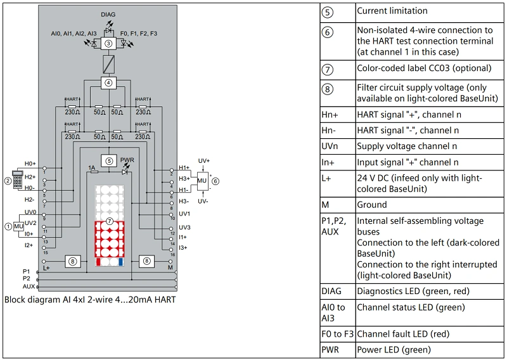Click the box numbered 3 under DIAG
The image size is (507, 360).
pos(108,43)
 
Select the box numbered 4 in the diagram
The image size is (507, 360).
pos(108,82)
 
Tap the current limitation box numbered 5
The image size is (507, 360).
pos(108,161)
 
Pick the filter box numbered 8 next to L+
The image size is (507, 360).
pos(73,261)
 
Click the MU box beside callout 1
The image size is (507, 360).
pos(18,226)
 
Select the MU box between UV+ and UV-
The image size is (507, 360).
pos(202,181)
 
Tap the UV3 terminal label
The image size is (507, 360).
pos(184,227)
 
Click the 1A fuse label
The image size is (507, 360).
pos(91,167)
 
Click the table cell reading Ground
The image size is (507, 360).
pos(371,205)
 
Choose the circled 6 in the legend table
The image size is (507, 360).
pos(328,32)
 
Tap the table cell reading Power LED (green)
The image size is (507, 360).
pos(394,349)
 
